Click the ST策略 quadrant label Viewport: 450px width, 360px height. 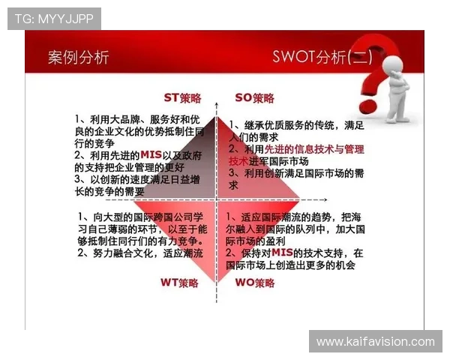click(182, 97)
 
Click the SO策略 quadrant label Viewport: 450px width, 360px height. click(254, 97)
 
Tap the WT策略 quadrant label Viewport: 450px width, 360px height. click(179, 283)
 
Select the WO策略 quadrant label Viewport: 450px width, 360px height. click(255, 283)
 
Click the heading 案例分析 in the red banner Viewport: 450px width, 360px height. click(78, 57)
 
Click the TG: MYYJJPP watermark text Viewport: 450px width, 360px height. click(55, 18)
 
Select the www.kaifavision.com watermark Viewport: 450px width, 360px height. click(375, 341)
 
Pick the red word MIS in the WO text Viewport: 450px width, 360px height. click(281, 253)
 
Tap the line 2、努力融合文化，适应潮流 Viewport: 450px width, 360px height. click(140, 253)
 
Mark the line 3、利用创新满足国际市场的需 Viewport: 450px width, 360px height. click(295, 173)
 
